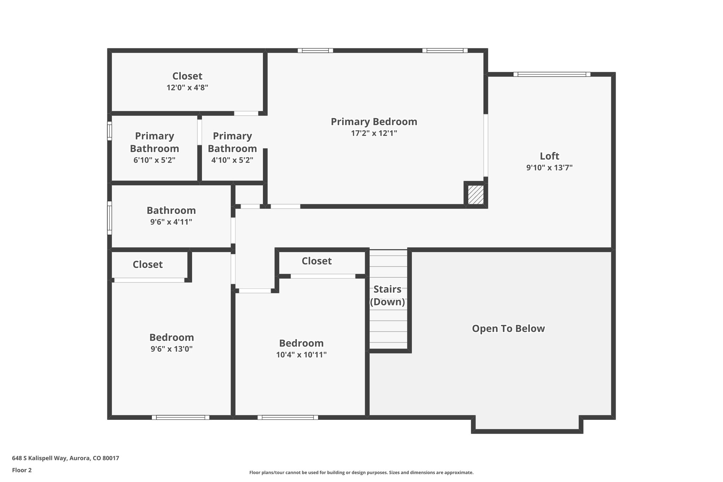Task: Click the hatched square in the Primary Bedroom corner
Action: click(x=476, y=195)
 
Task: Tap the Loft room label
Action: click(x=549, y=156)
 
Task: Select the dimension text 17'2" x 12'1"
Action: click(x=374, y=133)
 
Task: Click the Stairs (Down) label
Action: click(x=387, y=295)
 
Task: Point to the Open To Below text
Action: click(x=508, y=328)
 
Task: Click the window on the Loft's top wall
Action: click(x=551, y=74)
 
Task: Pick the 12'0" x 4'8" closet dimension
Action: click(x=187, y=88)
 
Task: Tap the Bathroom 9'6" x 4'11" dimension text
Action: click(x=171, y=222)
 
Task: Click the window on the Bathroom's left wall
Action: click(x=109, y=218)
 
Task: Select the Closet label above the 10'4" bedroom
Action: click(x=316, y=261)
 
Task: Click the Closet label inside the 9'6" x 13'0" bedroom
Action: click(x=148, y=264)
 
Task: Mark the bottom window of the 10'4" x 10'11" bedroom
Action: click(x=288, y=417)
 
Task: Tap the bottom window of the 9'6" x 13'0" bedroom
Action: click(x=180, y=417)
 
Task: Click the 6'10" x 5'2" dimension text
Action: click(x=154, y=160)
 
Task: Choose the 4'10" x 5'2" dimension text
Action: click(x=232, y=160)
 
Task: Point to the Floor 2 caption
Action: click(x=22, y=470)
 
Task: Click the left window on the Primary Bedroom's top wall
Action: click(x=315, y=50)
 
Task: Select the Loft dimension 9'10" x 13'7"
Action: click(x=549, y=167)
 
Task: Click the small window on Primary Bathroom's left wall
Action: click(x=109, y=131)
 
